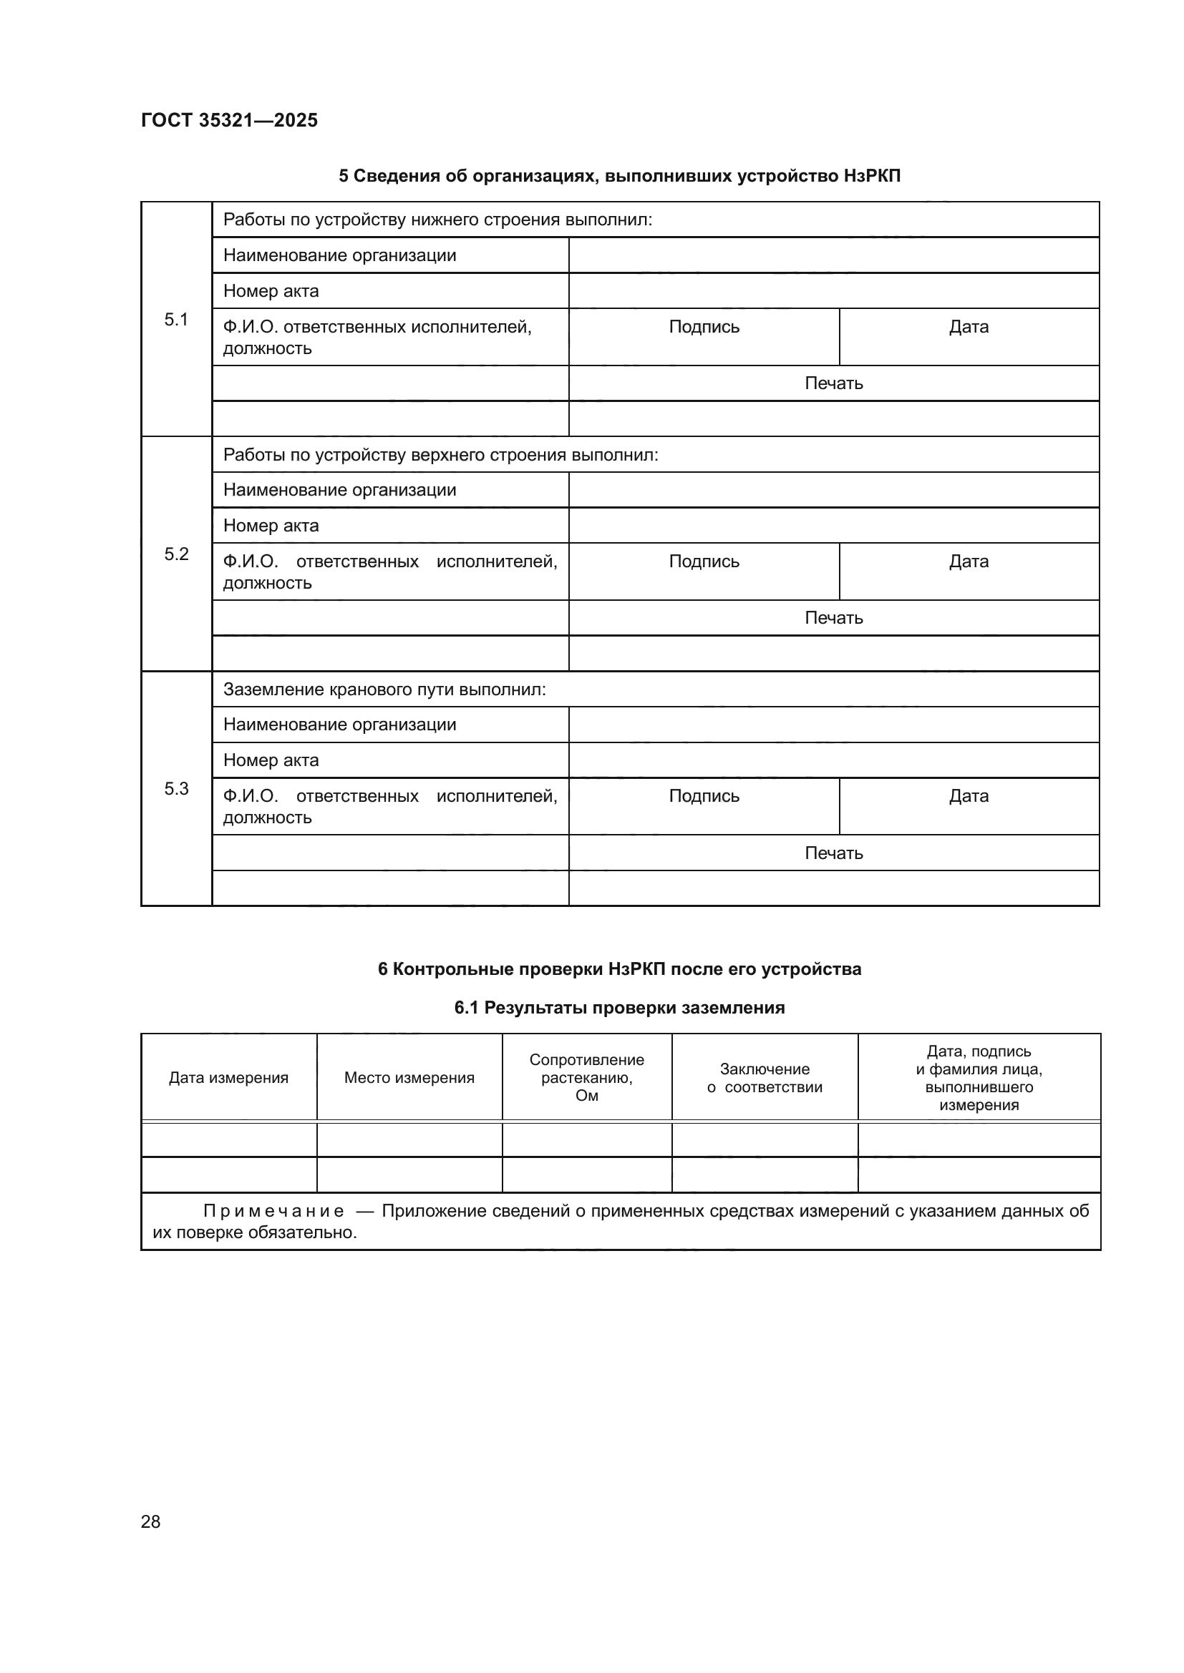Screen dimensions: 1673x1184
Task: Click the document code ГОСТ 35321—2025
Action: coord(229,120)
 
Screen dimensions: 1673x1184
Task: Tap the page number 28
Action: coord(150,1521)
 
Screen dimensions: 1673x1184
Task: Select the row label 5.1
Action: coord(175,319)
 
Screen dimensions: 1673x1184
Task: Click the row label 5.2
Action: coord(175,554)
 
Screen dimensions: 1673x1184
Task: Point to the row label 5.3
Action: coord(175,788)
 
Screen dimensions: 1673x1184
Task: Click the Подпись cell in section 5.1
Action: coord(704,327)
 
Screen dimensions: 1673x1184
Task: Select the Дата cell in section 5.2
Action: coord(969,561)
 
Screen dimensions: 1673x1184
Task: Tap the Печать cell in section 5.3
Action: coord(833,853)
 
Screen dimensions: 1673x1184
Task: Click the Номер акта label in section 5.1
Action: coord(271,291)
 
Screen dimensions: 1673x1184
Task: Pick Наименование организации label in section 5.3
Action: coord(339,725)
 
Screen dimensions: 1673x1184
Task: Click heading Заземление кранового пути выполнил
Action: coord(384,690)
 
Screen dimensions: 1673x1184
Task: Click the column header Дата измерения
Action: coord(228,1078)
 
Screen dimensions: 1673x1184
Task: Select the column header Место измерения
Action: coord(409,1078)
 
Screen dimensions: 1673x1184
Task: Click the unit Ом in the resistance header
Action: coord(586,1096)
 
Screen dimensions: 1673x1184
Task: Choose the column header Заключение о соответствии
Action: coord(764,1078)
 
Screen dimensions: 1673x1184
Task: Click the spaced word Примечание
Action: coord(273,1211)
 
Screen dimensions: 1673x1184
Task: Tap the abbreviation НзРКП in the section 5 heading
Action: coord(872,176)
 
